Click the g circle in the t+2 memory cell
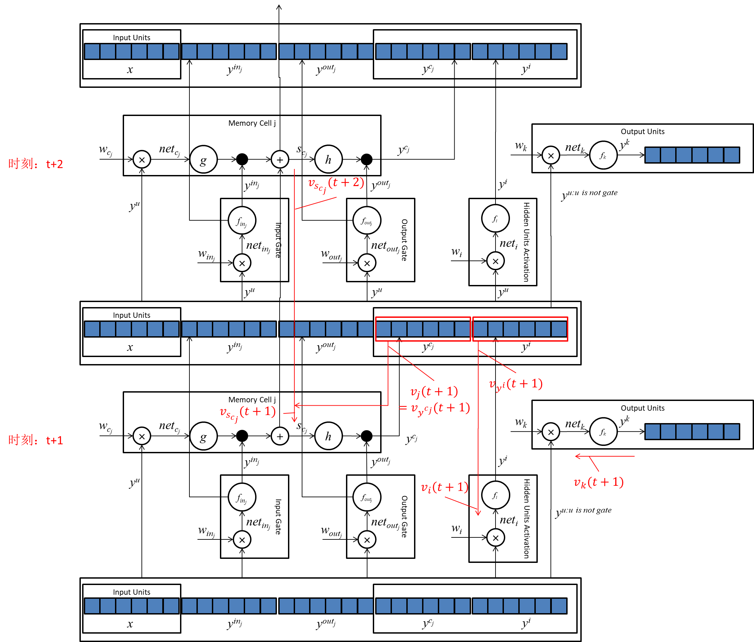point(204,159)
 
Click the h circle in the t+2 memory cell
point(328,159)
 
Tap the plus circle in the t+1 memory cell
point(280,436)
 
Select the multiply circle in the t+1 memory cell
point(142,436)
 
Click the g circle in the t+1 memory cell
point(204,436)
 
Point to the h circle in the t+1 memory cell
point(328,436)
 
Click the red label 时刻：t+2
point(36,164)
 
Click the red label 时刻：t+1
point(36,441)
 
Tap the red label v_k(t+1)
point(599,482)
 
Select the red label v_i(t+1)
point(444,487)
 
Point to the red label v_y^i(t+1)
point(516,384)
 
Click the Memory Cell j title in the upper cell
point(252,123)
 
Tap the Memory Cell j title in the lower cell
point(252,400)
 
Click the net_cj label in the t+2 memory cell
point(169,150)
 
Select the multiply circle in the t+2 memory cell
point(142,159)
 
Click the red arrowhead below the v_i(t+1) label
point(478,513)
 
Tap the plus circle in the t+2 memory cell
point(280,159)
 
